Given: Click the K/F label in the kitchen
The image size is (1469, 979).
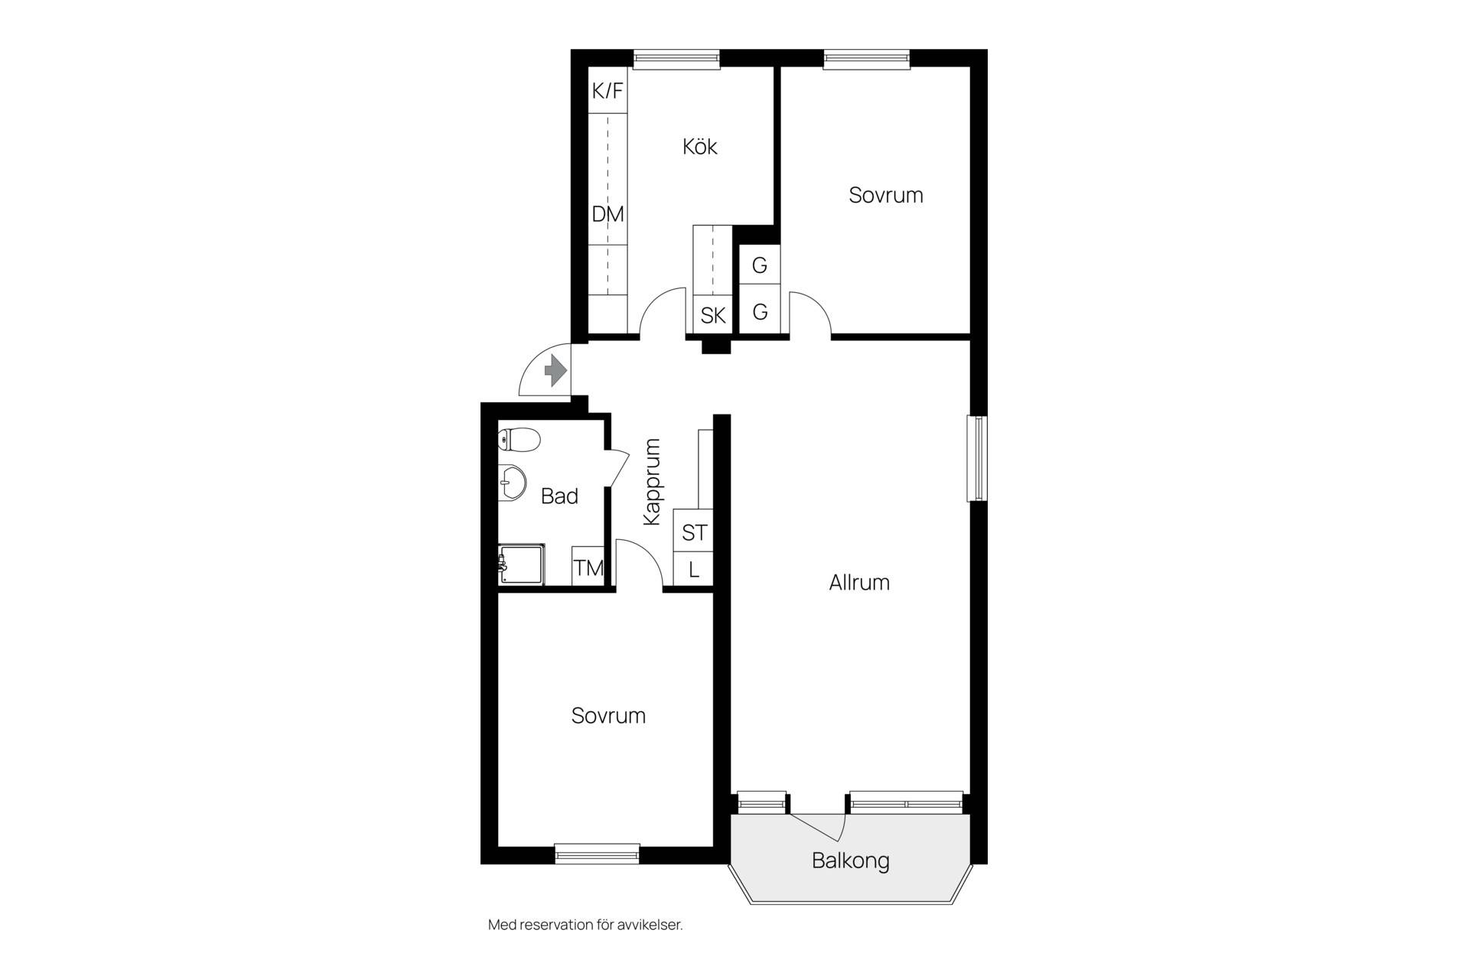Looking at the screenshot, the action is [607, 91].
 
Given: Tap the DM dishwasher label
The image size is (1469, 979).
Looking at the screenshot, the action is [607, 214].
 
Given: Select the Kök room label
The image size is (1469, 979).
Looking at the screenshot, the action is [699, 146].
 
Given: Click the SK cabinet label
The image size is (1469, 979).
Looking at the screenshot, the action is [713, 315].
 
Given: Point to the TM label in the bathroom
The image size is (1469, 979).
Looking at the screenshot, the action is [588, 568].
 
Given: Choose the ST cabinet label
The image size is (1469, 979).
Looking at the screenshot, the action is [695, 532].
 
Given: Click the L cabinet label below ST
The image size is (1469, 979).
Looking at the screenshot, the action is [694, 570].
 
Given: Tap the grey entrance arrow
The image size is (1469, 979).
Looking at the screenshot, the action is [555, 372].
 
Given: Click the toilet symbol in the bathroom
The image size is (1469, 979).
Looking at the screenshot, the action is [519, 440].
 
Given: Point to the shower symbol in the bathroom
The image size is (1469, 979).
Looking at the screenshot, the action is [521, 564].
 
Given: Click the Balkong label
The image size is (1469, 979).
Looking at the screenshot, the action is [850, 861].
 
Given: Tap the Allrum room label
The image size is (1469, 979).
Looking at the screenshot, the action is [859, 583].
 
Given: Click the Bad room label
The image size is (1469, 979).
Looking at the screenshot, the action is [559, 496].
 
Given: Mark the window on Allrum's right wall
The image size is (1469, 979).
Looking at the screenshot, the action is [977, 458].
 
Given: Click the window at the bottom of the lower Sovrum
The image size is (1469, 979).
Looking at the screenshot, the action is [597, 854].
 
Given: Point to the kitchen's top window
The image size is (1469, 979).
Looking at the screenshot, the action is [677, 59].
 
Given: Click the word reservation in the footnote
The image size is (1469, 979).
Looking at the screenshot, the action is [556, 925].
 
